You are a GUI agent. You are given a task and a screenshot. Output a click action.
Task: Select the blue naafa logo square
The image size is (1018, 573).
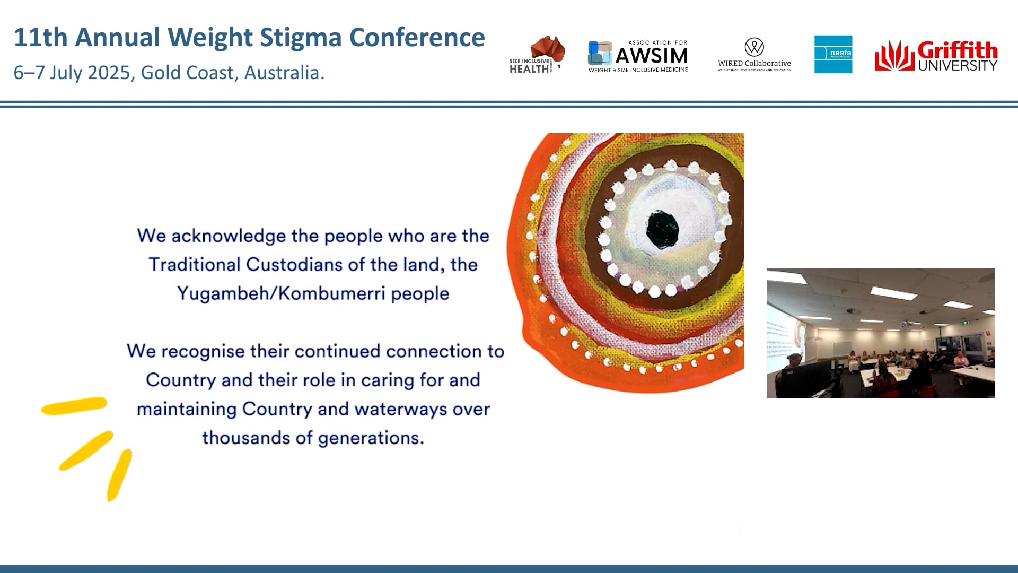pyautogui.click(x=833, y=54)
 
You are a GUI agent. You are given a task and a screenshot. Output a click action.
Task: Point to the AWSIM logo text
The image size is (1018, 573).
pyautogui.click(x=651, y=56)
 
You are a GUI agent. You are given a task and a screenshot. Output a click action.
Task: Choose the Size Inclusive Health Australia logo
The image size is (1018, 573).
pyautogui.click(x=537, y=55)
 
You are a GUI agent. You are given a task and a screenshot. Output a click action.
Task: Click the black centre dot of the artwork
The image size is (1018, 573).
pyautogui.click(x=662, y=230)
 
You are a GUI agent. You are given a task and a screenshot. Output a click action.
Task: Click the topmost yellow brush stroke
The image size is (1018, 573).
pyautogui.click(x=74, y=406)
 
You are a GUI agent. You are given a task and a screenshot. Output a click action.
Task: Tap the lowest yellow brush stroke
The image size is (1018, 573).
pyautogui.click(x=119, y=475)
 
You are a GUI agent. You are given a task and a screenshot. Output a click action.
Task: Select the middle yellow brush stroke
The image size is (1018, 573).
pyautogui.click(x=86, y=450)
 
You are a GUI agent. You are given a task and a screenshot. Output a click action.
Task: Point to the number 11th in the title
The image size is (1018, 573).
pyautogui.click(x=41, y=38)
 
